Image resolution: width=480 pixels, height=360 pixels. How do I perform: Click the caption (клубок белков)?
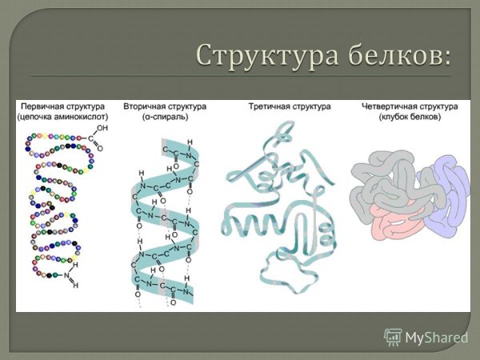(407, 117)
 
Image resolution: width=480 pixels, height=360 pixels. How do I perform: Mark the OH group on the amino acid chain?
(102, 127)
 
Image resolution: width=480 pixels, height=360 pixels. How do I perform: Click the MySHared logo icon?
(393, 337)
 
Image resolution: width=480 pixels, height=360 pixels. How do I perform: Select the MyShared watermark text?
(437, 338)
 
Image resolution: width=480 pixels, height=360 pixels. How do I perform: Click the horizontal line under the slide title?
(240, 76)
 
